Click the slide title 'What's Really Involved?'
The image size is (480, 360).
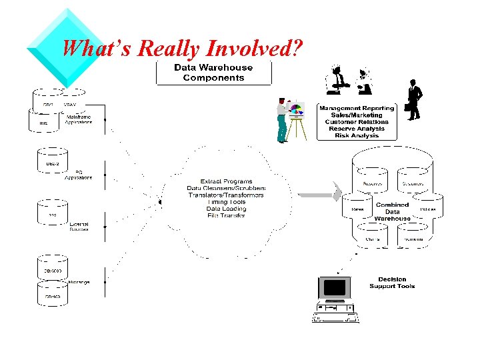(182, 48)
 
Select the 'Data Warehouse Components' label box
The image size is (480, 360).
(213, 73)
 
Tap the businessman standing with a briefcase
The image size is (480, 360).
(413, 100)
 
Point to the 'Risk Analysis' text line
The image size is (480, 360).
(356, 135)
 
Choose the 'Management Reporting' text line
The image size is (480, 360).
(356, 108)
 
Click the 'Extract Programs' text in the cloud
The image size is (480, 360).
(227, 181)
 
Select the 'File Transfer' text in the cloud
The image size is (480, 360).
(227, 216)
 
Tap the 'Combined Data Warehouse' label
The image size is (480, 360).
(392, 212)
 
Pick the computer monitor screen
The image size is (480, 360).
(335, 288)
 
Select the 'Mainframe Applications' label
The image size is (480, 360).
(79, 120)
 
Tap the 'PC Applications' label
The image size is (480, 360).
(79, 175)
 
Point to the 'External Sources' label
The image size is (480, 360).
(79, 227)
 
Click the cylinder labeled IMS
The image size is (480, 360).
(44, 124)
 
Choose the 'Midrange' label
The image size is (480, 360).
(78, 282)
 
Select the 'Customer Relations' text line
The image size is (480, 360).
(356, 122)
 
